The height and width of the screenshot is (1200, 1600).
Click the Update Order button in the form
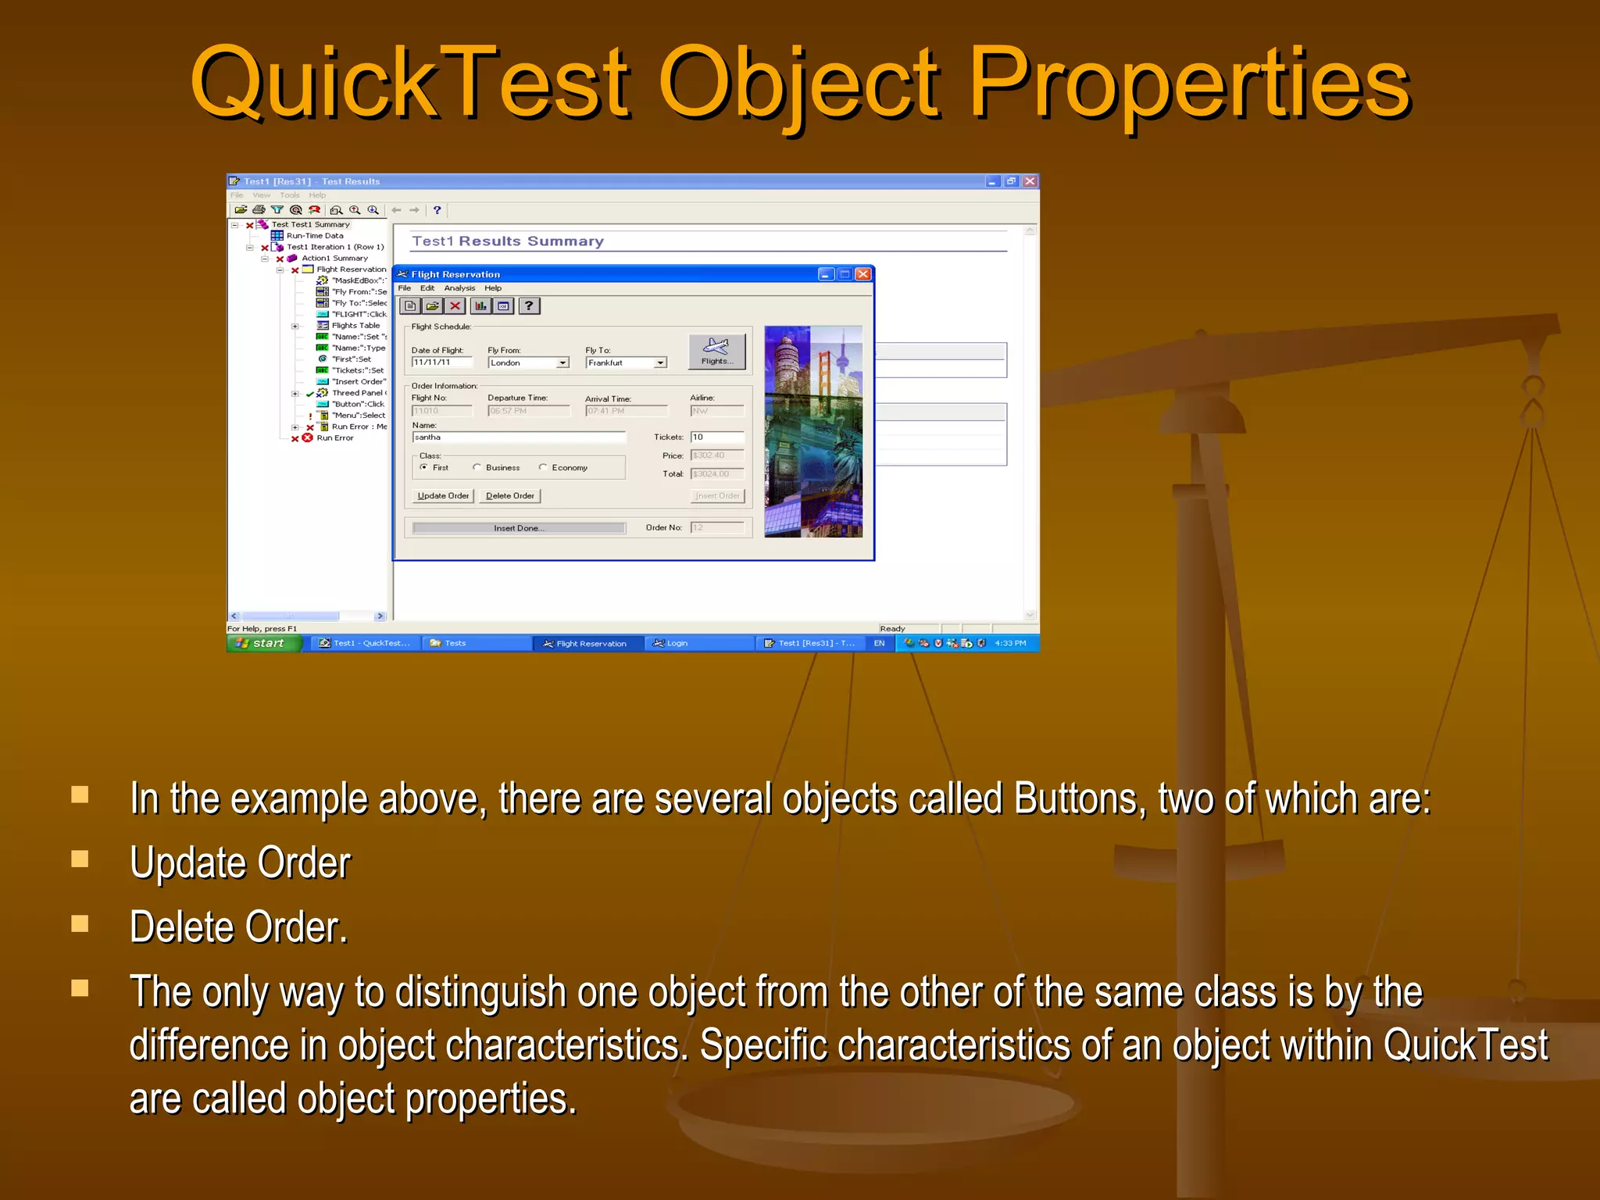pyautogui.click(x=443, y=496)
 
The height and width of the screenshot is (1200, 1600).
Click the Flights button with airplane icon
pyautogui.click(x=716, y=352)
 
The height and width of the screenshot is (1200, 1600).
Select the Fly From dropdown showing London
pyautogui.click(x=528, y=362)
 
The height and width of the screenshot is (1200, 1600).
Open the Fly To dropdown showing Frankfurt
pyautogui.click(x=626, y=362)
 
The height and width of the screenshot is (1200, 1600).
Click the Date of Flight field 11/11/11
pyautogui.click(x=441, y=362)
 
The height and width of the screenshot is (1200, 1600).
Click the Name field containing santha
pyautogui.click(x=519, y=437)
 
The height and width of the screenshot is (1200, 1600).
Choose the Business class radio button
pyautogui.click(x=477, y=467)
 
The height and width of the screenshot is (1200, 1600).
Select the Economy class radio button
pyautogui.click(x=543, y=467)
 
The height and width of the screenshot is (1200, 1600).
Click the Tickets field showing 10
pyautogui.click(x=716, y=437)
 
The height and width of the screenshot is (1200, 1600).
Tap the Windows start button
pyautogui.click(x=263, y=643)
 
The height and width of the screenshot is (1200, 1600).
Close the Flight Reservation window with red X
pyautogui.click(x=862, y=274)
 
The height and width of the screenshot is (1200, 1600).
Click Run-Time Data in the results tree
pyautogui.click(x=314, y=235)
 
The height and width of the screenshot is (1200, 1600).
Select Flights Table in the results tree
pyautogui.click(x=355, y=325)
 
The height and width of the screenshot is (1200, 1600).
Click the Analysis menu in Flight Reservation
pyautogui.click(x=459, y=288)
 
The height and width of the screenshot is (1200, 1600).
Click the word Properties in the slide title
pyautogui.click(x=1188, y=84)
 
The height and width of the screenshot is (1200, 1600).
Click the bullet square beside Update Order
pyautogui.click(x=80, y=859)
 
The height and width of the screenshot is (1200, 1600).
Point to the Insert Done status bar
pyautogui.click(x=519, y=528)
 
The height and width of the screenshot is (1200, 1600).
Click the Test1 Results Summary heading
pyautogui.click(x=508, y=241)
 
